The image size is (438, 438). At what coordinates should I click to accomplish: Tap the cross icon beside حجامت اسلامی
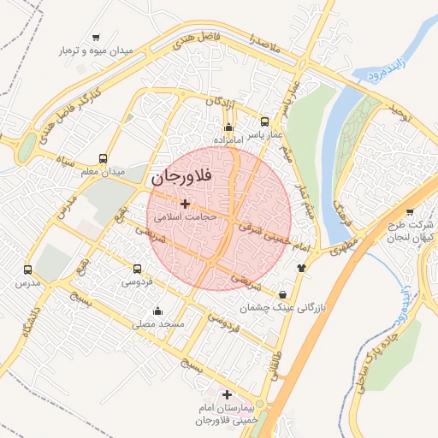tap(186, 204)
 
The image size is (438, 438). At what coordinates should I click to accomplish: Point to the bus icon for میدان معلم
tap(104, 158)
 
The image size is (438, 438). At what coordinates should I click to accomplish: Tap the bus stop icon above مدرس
tap(28, 269)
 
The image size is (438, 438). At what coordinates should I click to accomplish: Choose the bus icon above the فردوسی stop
tap(137, 268)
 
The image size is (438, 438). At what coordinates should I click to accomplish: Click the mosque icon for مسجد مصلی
tap(157, 311)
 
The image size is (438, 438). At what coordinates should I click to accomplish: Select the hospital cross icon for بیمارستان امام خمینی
tap(226, 394)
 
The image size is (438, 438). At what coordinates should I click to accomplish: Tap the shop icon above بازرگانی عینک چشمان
tap(282, 295)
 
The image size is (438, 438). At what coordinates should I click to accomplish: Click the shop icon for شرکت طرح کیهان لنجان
tap(410, 212)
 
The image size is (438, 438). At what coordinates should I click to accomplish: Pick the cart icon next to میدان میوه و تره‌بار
tap(95, 37)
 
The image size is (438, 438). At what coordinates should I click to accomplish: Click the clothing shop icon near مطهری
tap(301, 267)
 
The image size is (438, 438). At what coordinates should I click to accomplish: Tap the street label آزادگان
tap(219, 102)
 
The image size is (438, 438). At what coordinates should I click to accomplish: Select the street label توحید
tap(401, 111)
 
